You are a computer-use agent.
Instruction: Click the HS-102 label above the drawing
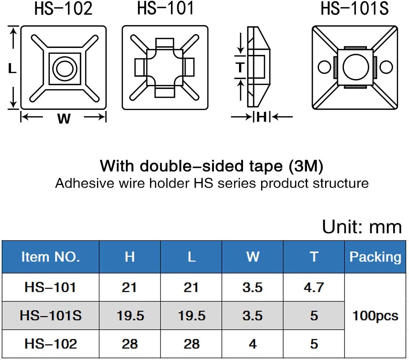pyautogui.click(x=63, y=9)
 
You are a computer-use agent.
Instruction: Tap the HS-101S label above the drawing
pyautogui.click(x=355, y=9)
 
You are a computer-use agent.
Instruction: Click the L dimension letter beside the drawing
pyautogui.click(x=12, y=68)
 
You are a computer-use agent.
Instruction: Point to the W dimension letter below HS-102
pyautogui.click(x=64, y=118)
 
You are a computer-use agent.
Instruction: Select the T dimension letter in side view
pyautogui.click(x=240, y=68)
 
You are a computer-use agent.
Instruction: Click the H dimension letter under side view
pyautogui.click(x=262, y=117)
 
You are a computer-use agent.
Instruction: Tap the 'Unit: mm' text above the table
pyautogui.click(x=362, y=227)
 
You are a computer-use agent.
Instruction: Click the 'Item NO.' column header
pyautogui.click(x=50, y=257)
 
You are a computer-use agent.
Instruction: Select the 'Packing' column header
pyautogui.click(x=375, y=257)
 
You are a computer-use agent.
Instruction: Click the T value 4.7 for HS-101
pyautogui.click(x=314, y=287)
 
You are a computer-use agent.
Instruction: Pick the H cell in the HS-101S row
pyautogui.click(x=130, y=316)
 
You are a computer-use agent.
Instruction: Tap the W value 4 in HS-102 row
pyautogui.click(x=252, y=344)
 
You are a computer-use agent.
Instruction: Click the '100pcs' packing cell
pyautogui.click(x=375, y=316)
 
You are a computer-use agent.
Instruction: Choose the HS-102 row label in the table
pyautogui.click(x=50, y=344)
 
